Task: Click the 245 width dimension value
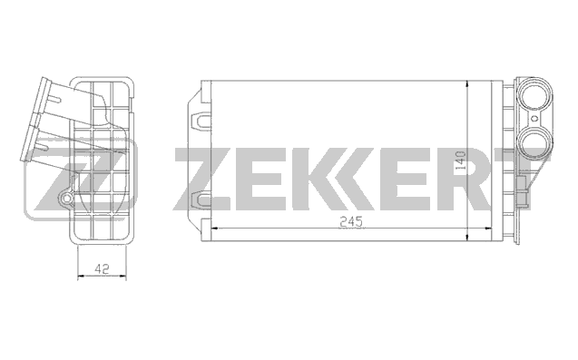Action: pyautogui.click(x=351, y=221)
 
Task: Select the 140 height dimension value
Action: pyautogui.click(x=460, y=160)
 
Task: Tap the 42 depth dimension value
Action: pyautogui.click(x=102, y=268)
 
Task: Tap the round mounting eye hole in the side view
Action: pyautogui.click(x=66, y=199)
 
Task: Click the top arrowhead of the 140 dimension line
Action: pyautogui.click(x=467, y=84)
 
